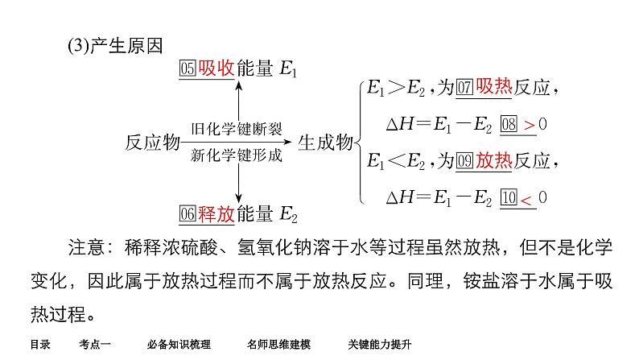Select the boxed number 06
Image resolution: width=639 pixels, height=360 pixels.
(188, 214)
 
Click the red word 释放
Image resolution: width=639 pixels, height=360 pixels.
(216, 213)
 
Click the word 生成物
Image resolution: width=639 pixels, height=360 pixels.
(326, 143)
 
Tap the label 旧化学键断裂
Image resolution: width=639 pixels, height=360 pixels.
(237, 129)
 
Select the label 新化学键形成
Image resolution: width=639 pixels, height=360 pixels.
(237, 155)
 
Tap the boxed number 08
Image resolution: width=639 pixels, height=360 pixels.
(509, 124)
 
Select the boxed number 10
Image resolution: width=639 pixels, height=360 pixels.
(509, 197)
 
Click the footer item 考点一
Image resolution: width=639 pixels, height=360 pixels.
(95, 345)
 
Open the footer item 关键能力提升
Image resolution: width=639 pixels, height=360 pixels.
(380, 345)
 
